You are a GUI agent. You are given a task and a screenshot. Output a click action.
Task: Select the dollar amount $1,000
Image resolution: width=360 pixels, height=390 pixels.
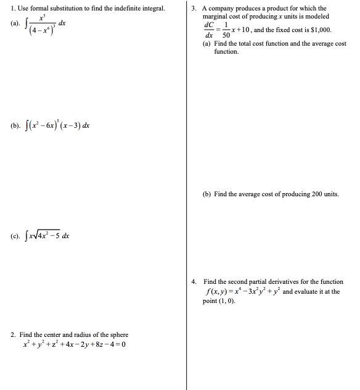(x=319, y=29)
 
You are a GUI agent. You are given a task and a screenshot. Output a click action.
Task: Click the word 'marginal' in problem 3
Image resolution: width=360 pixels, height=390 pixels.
(x=216, y=16)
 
